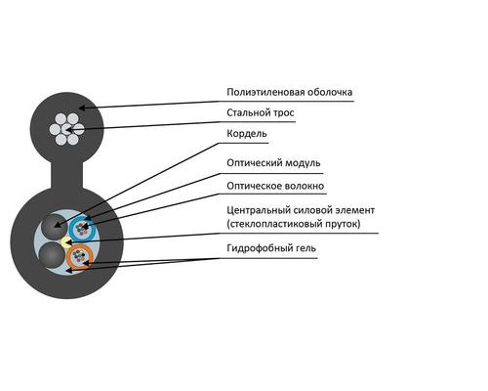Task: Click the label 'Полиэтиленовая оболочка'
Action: pyautogui.click(x=290, y=92)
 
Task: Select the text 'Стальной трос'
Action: pyautogui.click(x=261, y=112)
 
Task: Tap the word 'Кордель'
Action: pyautogui.click(x=247, y=134)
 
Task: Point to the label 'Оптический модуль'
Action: pyautogui.click(x=273, y=163)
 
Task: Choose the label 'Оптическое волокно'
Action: pyautogui.click(x=275, y=186)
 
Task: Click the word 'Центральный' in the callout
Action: pyautogui.click(x=259, y=210)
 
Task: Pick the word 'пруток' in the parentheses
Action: pyautogui.click(x=344, y=224)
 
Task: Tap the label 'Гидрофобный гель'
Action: pyautogui.click(x=271, y=248)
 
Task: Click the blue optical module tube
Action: pyautogui.click(x=82, y=229)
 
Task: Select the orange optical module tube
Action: pyautogui.click(x=80, y=257)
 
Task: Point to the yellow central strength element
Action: pyautogui.click(x=66, y=242)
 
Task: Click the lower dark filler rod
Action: pyautogui.click(x=52, y=255)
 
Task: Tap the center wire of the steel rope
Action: pyautogui.click(x=67, y=129)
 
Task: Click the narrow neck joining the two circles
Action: pyautogui.click(x=67, y=176)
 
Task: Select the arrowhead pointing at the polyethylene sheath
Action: pyautogui.click(x=82, y=108)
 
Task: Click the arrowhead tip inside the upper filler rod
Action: pyautogui.click(x=55, y=226)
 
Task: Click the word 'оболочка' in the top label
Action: pyautogui.click(x=330, y=92)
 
